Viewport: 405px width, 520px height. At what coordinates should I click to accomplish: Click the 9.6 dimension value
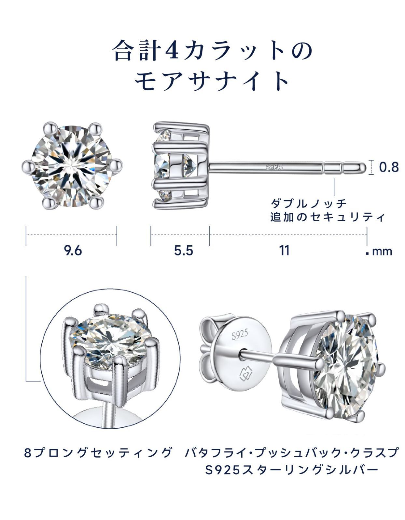(73, 251)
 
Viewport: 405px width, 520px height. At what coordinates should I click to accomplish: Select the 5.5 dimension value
(184, 251)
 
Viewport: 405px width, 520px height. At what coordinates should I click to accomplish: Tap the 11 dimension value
(284, 251)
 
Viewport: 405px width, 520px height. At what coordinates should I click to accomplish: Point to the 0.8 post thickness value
(389, 167)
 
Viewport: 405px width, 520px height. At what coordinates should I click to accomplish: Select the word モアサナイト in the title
(212, 81)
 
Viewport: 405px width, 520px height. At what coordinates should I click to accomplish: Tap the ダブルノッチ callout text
(309, 203)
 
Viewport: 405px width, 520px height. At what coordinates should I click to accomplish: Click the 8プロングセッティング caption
(98, 453)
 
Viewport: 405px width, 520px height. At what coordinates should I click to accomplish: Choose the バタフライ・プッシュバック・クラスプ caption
(292, 453)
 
